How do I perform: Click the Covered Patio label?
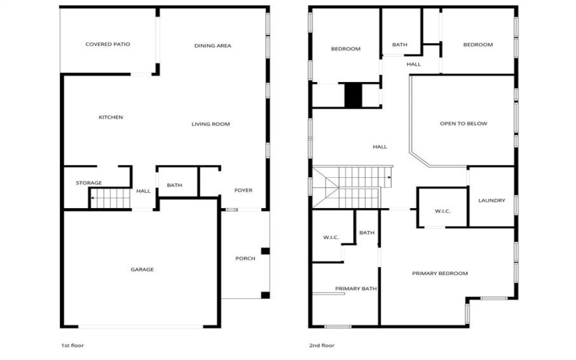[x=108, y=45]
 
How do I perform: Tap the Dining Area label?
[x=212, y=46]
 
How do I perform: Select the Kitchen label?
[x=111, y=117]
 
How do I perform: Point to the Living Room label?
[x=210, y=125]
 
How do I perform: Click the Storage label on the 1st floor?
[x=89, y=183]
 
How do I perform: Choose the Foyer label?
[x=243, y=190]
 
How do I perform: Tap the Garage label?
[x=142, y=269]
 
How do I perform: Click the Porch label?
[x=245, y=258]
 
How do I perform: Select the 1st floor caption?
[x=72, y=346]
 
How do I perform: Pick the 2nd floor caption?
[x=322, y=346]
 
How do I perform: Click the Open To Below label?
[x=463, y=124]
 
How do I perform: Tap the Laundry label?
[x=492, y=200]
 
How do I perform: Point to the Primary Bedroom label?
[x=440, y=274]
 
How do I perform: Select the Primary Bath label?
[x=356, y=289]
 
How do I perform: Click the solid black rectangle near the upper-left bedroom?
[x=352, y=96]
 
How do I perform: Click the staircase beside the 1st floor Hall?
[x=111, y=197]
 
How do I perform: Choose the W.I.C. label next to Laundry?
[x=443, y=211]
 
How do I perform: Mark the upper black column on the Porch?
[x=265, y=251]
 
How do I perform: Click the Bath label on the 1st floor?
[x=174, y=186]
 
